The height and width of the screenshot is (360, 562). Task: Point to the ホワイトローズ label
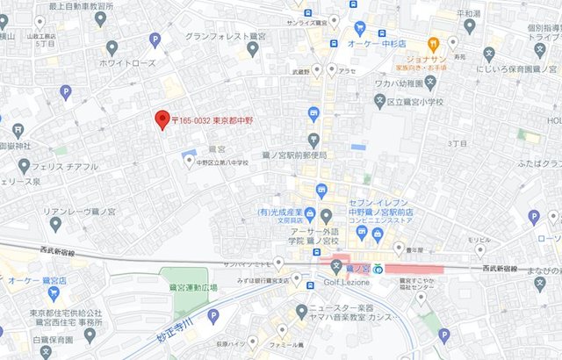point(127,63)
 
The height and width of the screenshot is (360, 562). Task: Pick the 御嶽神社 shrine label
point(16,145)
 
